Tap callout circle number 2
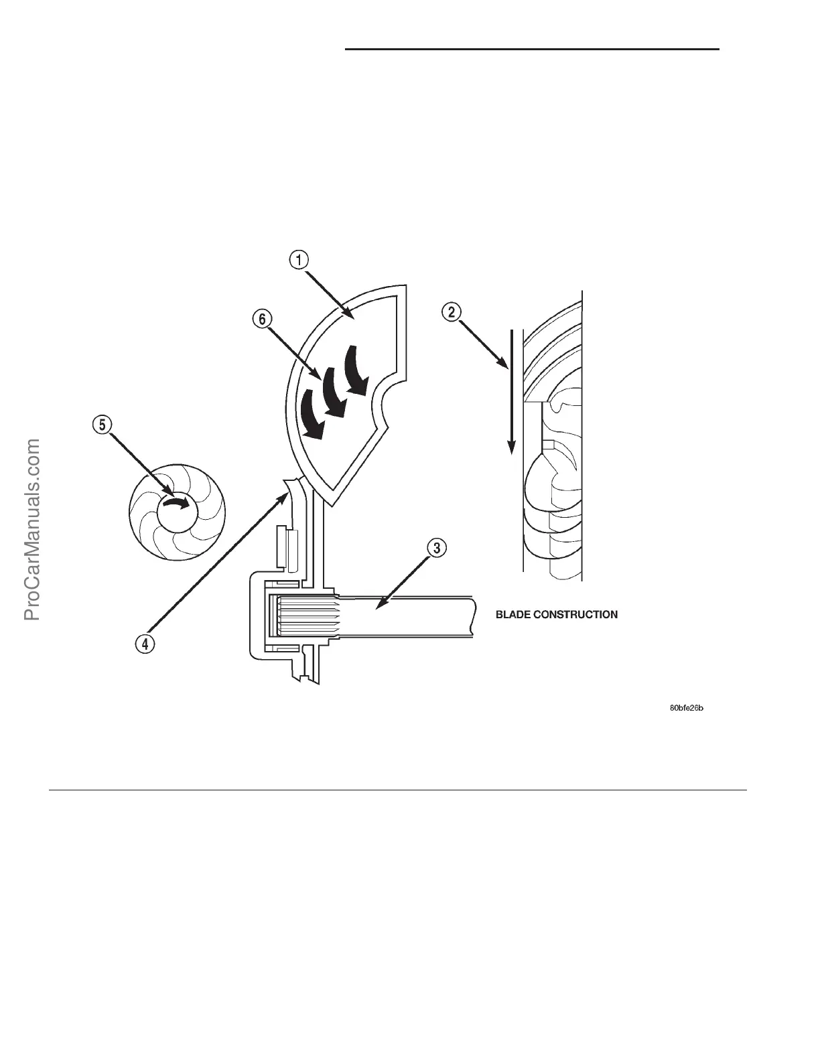[x=453, y=311]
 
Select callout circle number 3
[x=435, y=549]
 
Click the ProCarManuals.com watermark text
[x=33, y=529]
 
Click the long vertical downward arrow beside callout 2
[x=511, y=392]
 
